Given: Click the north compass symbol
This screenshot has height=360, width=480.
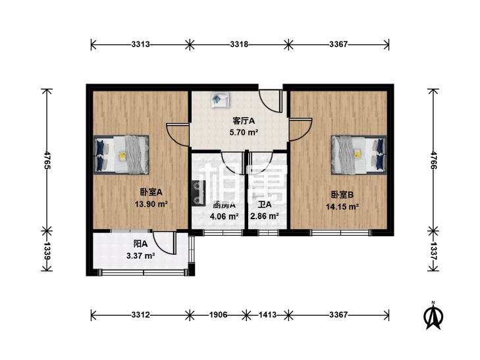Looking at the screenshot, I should point(433,316).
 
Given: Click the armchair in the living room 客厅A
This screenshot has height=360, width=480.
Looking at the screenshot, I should point(219,100).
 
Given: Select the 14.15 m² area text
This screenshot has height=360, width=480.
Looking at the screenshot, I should point(342,206).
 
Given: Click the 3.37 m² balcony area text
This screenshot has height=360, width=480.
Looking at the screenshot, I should point(140,256).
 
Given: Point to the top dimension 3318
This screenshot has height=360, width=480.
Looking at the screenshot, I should point(239,45).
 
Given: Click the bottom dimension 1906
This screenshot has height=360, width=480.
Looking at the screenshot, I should point(219,315).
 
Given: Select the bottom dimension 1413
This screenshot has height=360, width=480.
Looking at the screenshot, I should point(267,315).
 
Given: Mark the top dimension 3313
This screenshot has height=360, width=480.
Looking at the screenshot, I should point(140,45).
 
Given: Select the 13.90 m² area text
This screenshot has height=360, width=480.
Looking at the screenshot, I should point(151,204).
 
